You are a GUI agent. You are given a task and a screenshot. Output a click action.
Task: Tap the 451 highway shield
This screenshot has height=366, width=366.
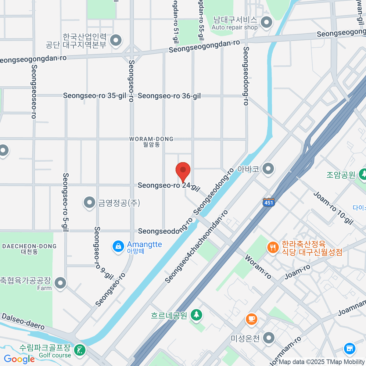[x=269, y=202]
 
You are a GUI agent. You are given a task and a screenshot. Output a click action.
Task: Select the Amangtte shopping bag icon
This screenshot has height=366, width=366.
[x=118, y=246]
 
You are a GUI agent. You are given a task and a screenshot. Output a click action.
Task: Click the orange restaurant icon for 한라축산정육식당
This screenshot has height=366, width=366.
[x=273, y=247]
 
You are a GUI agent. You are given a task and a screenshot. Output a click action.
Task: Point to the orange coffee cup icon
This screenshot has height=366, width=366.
[x=251, y=319]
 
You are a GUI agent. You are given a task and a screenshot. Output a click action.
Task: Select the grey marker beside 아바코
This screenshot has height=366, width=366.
[x=268, y=168]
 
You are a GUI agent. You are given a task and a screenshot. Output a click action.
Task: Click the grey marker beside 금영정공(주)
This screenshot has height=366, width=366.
[x=89, y=202]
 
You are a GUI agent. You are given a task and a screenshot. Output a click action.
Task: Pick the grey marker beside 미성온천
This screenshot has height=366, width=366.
[x=269, y=338]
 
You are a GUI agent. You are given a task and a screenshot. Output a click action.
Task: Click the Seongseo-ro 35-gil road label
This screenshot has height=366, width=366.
[x=95, y=96]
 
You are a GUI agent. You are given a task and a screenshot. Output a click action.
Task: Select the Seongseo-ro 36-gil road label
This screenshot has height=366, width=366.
[x=169, y=96]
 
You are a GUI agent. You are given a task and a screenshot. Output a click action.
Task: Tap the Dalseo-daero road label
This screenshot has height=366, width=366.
[x=23, y=321]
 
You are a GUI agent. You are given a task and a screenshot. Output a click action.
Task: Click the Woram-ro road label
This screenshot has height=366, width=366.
[x=258, y=267]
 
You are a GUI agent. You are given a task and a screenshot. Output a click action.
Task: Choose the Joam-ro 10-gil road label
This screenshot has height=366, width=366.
[x=333, y=208]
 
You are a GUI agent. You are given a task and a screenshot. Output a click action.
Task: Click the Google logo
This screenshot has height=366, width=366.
[x=19, y=359]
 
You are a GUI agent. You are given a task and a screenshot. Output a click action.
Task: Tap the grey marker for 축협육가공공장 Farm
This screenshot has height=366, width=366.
[x=60, y=283]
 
